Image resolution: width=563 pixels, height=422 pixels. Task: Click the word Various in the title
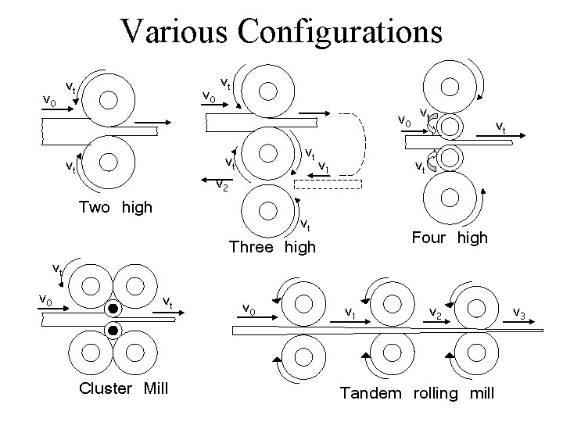click(x=174, y=31)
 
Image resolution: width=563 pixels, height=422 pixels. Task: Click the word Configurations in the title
click(x=341, y=31)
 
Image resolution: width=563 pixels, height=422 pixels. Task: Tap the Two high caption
click(x=116, y=208)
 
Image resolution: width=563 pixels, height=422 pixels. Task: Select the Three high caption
click(x=272, y=247)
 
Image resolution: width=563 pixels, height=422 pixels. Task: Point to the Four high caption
click(x=449, y=237)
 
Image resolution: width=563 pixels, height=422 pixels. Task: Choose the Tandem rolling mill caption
click(x=417, y=393)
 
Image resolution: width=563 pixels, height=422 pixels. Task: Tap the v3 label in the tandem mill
click(x=518, y=313)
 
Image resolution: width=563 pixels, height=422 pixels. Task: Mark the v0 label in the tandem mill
click(x=249, y=309)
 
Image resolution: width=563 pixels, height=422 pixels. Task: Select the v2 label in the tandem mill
click(x=436, y=312)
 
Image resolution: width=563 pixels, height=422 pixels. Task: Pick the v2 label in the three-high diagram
click(x=222, y=186)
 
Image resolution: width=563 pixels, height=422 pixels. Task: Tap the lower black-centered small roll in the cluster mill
click(x=113, y=331)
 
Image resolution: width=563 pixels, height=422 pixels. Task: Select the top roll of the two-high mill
click(x=109, y=99)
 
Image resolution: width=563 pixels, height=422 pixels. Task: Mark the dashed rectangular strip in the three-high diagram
click(x=328, y=185)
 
